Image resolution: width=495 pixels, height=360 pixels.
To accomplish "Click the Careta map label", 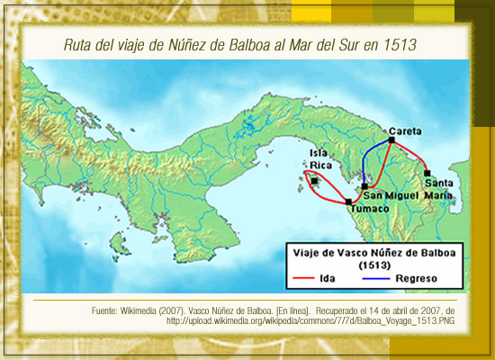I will click(405, 130).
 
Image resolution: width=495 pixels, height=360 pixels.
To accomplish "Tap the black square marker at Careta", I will click(390, 140).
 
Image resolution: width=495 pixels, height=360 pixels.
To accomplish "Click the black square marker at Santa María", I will click(427, 172).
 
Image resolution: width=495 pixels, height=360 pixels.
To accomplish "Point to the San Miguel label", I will click(391, 196).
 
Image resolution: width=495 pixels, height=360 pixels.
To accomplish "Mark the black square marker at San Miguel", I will click(364, 186).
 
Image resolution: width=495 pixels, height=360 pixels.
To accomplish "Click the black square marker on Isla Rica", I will click(314, 181).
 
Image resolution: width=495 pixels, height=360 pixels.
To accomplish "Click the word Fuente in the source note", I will click(107, 310).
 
